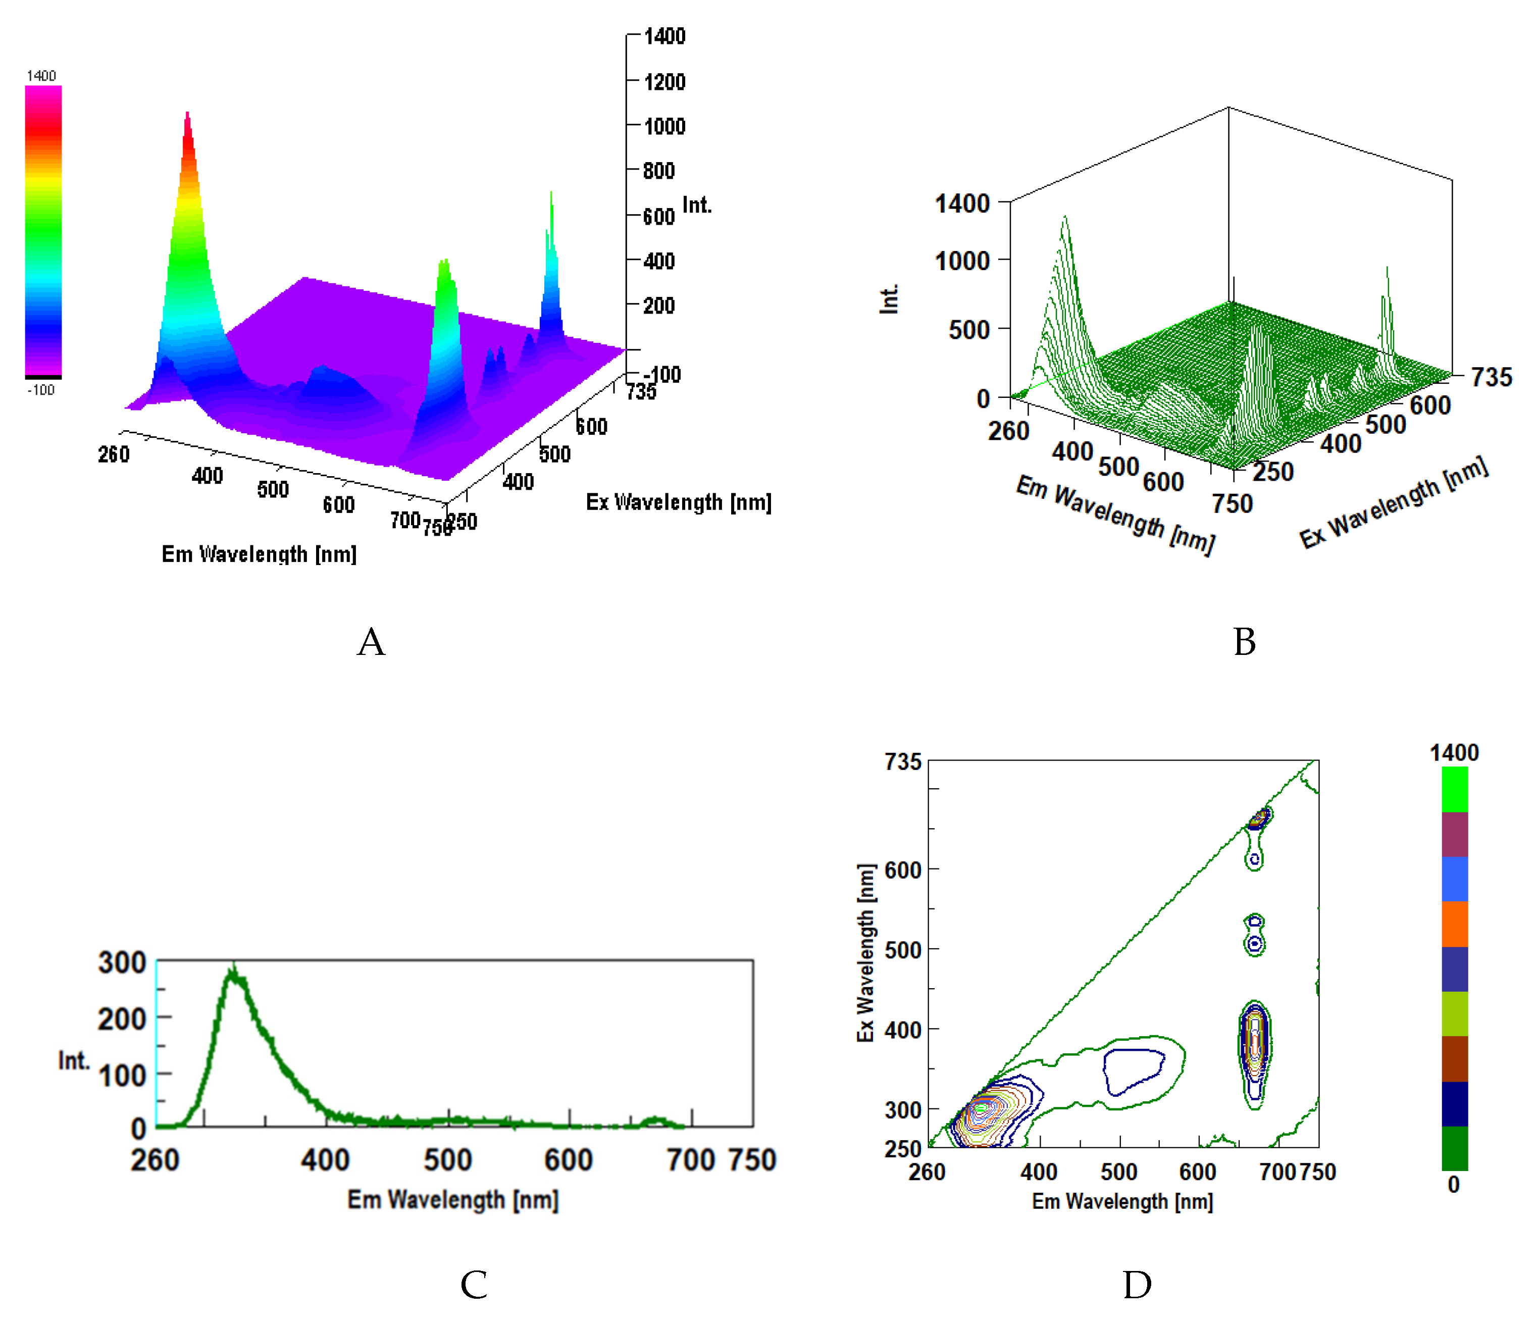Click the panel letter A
tap(371, 642)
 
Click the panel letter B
tap(1244, 642)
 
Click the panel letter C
tap(473, 1284)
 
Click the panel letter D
tap(1137, 1284)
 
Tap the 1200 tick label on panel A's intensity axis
tap(664, 82)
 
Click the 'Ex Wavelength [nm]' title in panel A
tap(678, 502)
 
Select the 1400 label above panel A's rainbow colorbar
tap(41, 76)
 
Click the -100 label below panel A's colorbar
tap(41, 390)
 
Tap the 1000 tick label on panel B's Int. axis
tap(962, 261)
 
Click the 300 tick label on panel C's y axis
tap(122, 963)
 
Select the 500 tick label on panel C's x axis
tap(447, 1159)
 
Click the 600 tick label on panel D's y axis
tap(903, 870)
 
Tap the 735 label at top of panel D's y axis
tap(903, 762)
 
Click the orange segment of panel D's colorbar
tap(1454, 924)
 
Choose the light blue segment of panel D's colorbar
tap(1454, 879)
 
